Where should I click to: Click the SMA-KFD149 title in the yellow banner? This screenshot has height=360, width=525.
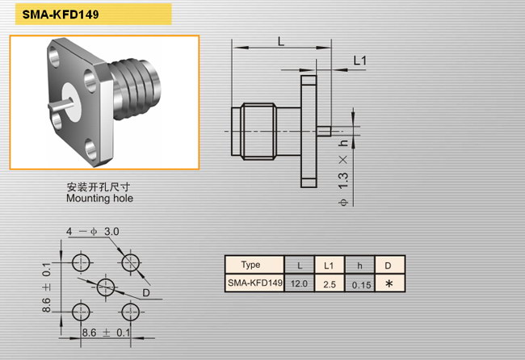(x=61, y=15)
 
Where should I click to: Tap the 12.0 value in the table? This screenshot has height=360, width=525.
(x=299, y=283)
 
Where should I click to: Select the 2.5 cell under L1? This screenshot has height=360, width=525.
(x=330, y=284)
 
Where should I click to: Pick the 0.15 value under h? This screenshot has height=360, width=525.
(x=361, y=285)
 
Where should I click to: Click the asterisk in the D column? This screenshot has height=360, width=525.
(x=388, y=284)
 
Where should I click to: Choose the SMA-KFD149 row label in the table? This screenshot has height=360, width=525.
(x=255, y=283)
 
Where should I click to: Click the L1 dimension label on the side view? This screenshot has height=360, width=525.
(x=360, y=61)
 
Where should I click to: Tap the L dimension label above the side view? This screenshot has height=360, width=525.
(x=281, y=41)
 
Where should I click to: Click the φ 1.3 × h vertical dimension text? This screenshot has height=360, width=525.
(x=343, y=173)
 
